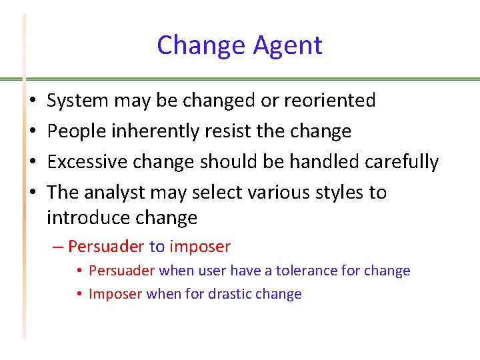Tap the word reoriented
tap(330, 101)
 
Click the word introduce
tap(87, 218)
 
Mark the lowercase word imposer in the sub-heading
tap(200, 247)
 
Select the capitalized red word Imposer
tap(115, 294)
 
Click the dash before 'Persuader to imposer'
tap(57, 247)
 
